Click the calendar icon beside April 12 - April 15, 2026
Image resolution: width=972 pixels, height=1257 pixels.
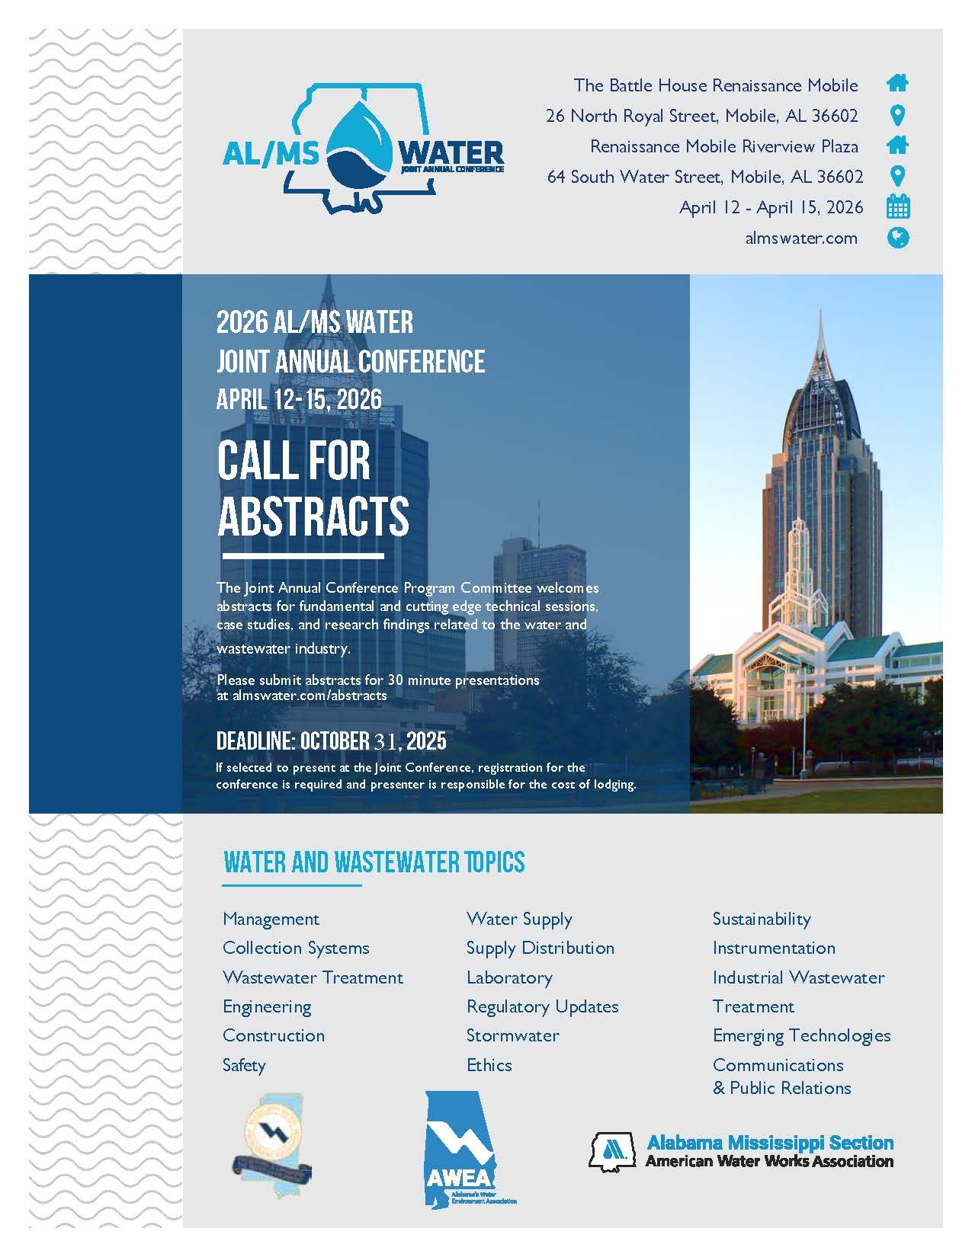click(898, 207)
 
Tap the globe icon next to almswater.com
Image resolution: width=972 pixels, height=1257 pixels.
click(898, 238)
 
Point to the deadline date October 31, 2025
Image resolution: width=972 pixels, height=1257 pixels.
click(373, 741)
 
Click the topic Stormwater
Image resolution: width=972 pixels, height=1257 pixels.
click(512, 1036)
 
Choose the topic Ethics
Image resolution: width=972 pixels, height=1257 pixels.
click(489, 1065)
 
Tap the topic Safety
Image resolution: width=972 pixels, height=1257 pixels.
click(244, 1065)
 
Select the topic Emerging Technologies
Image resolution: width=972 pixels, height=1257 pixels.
click(801, 1036)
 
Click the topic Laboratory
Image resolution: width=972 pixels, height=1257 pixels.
click(509, 977)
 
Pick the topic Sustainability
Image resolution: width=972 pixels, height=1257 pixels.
click(762, 919)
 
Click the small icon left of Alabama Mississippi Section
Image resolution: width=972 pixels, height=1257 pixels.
click(612, 1151)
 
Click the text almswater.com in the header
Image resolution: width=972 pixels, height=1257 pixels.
click(801, 238)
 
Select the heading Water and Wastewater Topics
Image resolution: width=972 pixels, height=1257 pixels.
click(374, 862)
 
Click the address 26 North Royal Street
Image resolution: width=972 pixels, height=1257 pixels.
click(701, 116)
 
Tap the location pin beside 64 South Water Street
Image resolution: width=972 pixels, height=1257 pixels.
click(898, 177)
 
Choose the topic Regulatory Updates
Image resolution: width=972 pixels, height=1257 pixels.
click(542, 1007)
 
